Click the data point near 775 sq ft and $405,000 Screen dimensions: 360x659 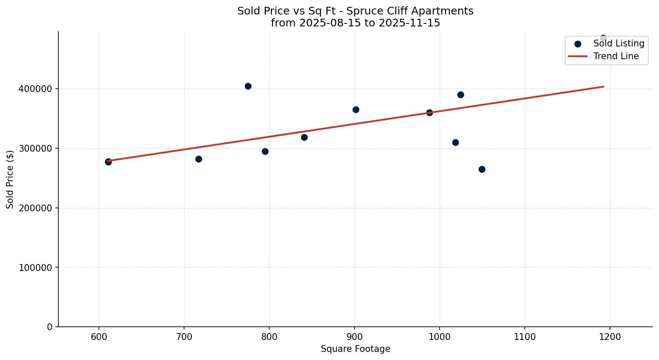click(x=248, y=86)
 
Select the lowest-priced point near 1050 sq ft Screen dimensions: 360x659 click(x=482, y=169)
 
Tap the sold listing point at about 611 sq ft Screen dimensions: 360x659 click(x=108, y=162)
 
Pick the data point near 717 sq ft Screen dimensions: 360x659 click(x=199, y=159)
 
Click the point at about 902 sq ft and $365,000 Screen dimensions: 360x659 click(x=356, y=109)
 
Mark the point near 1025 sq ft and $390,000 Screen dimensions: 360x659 click(x=460, y=95)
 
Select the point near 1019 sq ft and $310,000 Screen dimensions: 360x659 click(x=455, y=142)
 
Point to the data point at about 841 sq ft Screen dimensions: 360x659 click(x=304, y=137)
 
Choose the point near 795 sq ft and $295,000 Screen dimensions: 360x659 click(x=265, y=151)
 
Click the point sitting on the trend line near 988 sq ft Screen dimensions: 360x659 click(x=429, y=112)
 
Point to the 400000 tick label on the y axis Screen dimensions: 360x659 click(x=36, y=89)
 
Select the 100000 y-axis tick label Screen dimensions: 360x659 click(x=36, y=268)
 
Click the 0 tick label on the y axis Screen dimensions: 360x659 click(x=50, y=327)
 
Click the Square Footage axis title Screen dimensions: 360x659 click(x=355, y=349)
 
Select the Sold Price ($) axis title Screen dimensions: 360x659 click(x=10, y=179)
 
